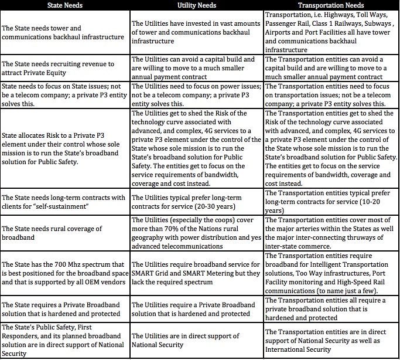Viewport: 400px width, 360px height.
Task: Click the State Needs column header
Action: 64,5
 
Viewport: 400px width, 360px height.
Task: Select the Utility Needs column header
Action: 197,5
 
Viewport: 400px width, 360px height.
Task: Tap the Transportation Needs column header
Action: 331,5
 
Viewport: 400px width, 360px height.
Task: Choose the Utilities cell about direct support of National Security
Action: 197,340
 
